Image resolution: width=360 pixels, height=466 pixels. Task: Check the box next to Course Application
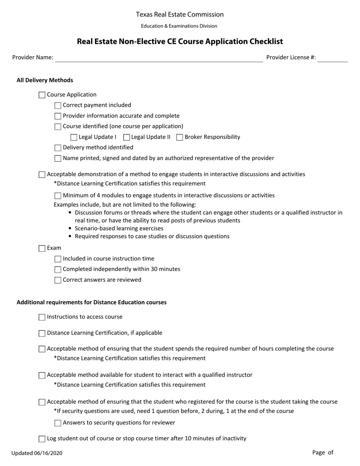click(42, 95)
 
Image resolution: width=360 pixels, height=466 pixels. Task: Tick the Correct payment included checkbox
click(58, 106)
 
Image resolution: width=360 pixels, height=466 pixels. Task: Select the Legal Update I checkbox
click(74, 138)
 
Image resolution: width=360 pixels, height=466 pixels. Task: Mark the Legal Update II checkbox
click(127, 138)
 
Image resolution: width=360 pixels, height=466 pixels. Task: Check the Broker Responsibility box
click(180, 138)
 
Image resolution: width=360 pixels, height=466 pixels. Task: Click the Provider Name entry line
click(159, 58)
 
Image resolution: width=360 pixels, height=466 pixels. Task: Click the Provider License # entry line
click(332, 58)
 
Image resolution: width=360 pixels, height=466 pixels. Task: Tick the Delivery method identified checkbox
click(58, 148)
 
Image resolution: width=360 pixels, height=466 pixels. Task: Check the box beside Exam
click(42, 249)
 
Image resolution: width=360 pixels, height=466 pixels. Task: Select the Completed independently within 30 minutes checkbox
click(58, 270)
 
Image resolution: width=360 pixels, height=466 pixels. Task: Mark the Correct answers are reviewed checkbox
click(58, 280)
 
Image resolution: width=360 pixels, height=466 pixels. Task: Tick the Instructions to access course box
click(42, 317)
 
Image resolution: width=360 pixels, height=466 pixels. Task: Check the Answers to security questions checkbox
click(58, 423)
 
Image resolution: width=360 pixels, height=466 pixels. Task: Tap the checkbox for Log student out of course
click(42, 439)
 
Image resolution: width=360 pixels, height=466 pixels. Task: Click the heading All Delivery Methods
click(45, 80)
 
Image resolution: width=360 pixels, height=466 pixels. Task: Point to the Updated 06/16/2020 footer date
click(37, 453)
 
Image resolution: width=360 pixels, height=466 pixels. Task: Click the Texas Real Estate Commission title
click(180, 14)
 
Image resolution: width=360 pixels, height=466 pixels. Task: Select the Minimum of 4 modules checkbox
click(58, 196)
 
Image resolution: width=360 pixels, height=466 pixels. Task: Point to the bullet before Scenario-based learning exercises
click(70, 228)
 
